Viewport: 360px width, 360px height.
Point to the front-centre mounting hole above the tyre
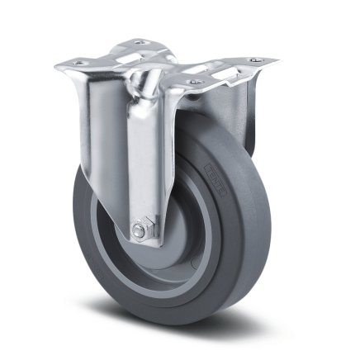point(194,82)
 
